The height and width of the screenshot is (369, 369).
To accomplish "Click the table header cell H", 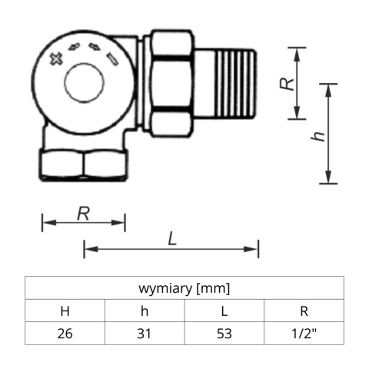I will point(65,311).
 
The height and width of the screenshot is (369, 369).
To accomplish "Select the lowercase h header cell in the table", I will point(145,311).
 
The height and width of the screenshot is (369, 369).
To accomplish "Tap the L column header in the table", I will point(224,311).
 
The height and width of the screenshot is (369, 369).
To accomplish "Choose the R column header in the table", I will point(304,311).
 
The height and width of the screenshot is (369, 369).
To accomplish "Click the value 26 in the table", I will point(65,334).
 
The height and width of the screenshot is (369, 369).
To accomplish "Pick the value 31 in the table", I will point(145,334).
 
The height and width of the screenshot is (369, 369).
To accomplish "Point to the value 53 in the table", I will point(224,334).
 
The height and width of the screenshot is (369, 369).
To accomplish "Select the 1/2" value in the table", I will point(304,334).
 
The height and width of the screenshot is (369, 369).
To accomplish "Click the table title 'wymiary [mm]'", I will point(184,289).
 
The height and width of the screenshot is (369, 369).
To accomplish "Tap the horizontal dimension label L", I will point(172,239).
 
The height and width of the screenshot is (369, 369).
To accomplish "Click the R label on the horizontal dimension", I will point(84,213).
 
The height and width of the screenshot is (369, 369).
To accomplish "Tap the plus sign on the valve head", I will point(55,59).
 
